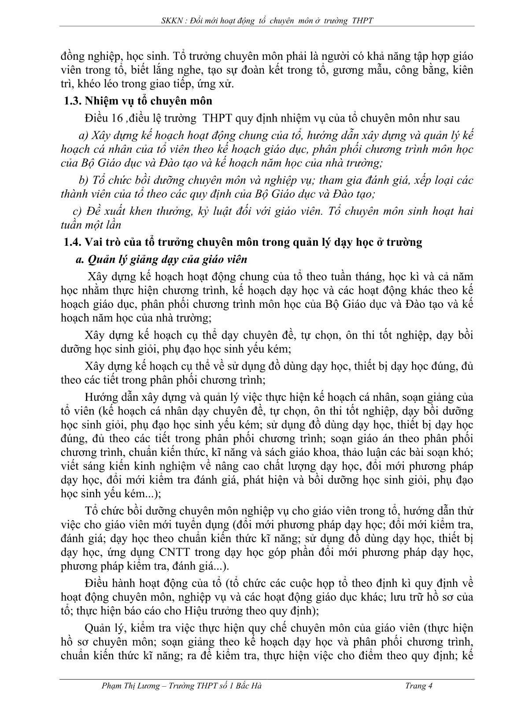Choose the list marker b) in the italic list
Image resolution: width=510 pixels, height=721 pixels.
pyautogui.click(x=83, y=180)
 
